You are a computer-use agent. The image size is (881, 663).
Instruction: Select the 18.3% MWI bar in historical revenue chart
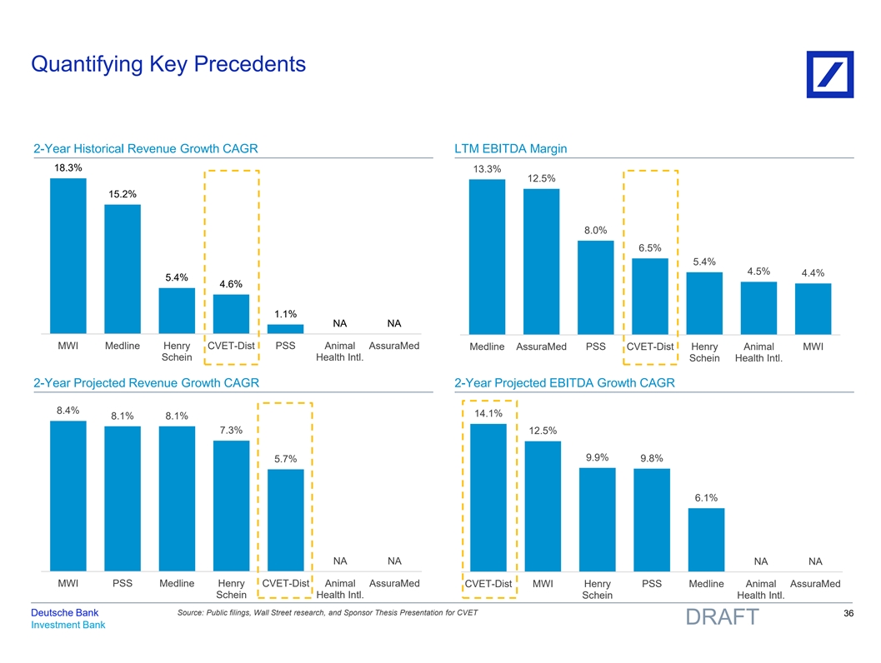68,256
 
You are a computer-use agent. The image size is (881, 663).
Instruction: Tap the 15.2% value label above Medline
123,194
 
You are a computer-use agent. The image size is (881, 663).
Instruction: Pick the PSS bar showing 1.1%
285,328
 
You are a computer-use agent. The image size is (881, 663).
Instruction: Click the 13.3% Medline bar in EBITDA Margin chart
487,257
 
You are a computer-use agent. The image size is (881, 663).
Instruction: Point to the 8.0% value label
595,231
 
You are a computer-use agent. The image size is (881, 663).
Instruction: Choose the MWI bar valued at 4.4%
813,308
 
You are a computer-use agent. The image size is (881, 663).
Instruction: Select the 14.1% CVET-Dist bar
488,496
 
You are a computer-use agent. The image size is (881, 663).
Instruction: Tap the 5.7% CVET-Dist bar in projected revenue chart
285,519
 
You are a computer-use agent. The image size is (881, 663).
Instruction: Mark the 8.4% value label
68,410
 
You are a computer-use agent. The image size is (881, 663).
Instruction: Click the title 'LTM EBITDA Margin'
511,149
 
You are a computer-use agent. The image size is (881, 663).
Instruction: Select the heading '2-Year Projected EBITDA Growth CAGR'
564,383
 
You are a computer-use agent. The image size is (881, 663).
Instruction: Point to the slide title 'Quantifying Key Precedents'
168,64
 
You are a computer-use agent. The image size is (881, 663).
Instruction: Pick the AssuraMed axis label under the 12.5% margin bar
541,347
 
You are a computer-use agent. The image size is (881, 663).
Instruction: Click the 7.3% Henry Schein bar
231,505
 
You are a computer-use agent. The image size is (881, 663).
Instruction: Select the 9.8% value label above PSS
652,458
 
